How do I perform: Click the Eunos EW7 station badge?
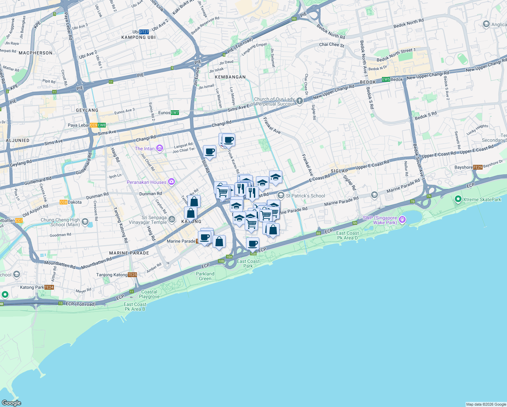(175, 113)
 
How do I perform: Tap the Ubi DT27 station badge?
(144, 32)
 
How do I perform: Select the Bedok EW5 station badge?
(386, 79)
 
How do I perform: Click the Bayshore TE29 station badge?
(478, 167)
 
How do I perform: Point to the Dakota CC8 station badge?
(63, 202)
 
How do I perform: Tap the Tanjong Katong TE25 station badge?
(132, 275)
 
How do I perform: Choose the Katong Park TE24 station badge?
(49, 287)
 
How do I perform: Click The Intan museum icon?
(160, 148)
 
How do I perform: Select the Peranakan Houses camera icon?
(171, 182)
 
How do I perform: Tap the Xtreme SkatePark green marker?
(458, 199)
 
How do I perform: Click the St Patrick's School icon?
(281, 195)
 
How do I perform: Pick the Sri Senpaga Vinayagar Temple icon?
(172, 219)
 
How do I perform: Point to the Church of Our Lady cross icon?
(300, 101)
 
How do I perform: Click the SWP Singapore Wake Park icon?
(402, 219)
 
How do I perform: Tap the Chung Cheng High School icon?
(85, 222)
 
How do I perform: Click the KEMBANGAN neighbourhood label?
(230, 77)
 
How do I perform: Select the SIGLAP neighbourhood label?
(339, 171)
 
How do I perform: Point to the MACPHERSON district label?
(36, 53)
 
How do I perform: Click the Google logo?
(11, 403)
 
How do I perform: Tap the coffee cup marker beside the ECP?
(253, 244)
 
